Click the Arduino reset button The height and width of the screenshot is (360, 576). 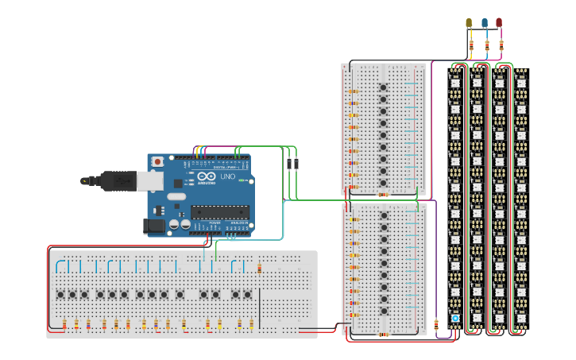pos(157,162)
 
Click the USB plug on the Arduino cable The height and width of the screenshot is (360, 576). pos(119,181)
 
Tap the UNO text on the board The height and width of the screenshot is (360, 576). pos(226,176)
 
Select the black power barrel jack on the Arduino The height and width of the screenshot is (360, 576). pos(154,226)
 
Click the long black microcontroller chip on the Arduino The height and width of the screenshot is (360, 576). pos(219,212)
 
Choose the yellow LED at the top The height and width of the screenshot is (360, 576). pos(469,23)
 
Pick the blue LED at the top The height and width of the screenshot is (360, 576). pos(484,23)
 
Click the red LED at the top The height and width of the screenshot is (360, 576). pos(499,23)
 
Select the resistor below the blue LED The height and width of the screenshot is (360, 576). pos(486,45)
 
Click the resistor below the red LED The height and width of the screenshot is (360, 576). pos(501,45)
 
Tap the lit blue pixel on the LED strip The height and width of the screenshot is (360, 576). pos(455,318)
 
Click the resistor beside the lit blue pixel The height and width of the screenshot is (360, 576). pos(437,323)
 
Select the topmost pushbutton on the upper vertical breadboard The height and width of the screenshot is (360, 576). pos(383,87)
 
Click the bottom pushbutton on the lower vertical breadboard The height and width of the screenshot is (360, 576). pos(383,311)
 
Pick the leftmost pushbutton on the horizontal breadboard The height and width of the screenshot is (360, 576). pos(60,295)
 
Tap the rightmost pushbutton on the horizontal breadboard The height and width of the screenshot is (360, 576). pos(247,295)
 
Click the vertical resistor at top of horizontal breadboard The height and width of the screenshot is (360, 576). pos(260,268)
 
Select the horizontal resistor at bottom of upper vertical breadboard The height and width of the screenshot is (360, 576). pos(383,194)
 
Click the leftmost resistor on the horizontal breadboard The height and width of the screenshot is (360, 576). pos(64,323)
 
